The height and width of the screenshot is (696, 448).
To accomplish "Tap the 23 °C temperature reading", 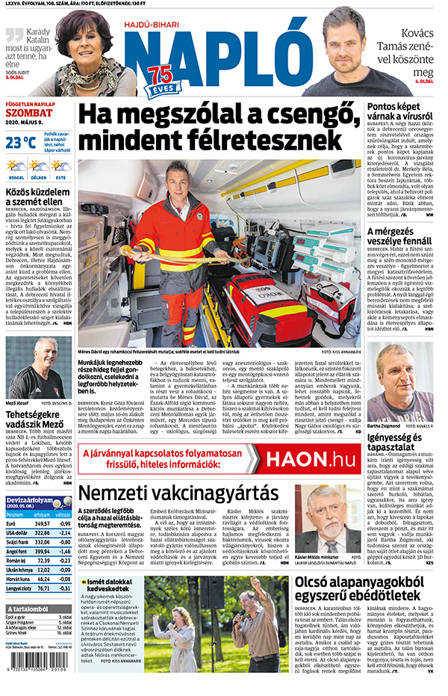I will tap(21, 142).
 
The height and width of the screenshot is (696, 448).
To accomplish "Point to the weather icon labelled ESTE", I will tap(60, 166).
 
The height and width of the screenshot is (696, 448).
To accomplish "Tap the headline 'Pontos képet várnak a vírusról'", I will tap(400, 114).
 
